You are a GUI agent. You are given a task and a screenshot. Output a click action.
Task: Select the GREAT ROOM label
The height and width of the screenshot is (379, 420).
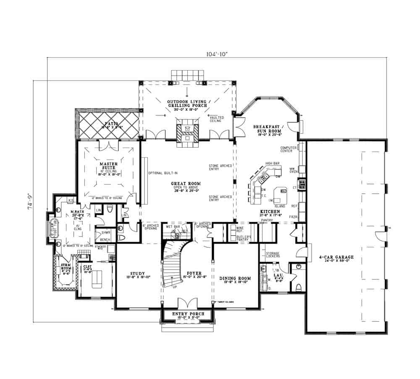185,184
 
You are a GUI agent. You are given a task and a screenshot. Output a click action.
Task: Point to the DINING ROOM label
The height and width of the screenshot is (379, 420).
235,278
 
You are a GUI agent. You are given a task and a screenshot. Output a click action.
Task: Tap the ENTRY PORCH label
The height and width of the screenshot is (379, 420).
189,314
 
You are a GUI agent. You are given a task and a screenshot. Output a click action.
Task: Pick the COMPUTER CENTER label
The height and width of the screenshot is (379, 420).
289,150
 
